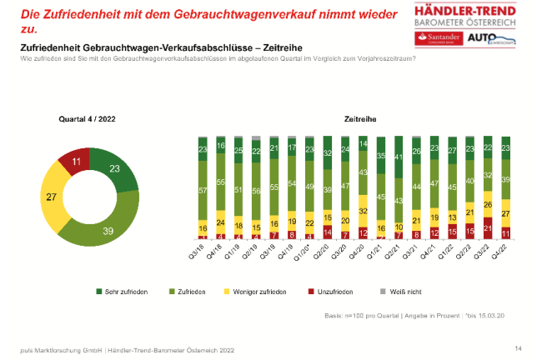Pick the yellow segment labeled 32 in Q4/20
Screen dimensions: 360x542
pyautogui.click(x=363, y=211)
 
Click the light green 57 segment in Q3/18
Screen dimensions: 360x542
pyautogui.click(x=203, y=189)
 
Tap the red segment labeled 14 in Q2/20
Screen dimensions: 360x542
pyautogui.click(x=326, y=233)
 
